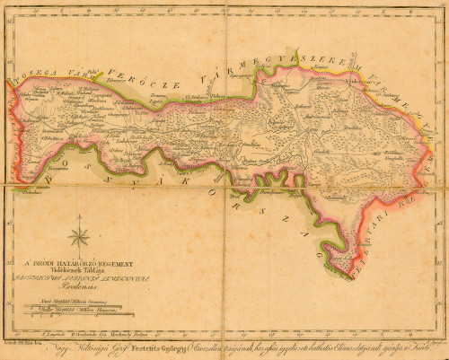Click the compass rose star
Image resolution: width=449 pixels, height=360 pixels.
79,239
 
